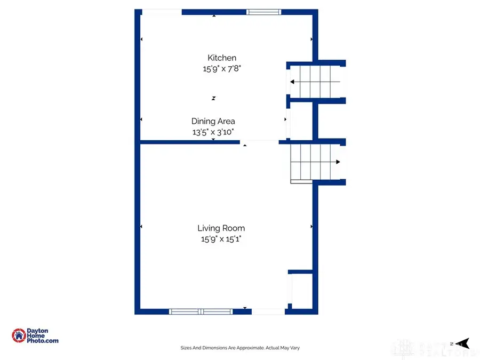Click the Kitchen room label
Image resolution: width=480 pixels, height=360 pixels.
pyautogui.click(x=222, y=58)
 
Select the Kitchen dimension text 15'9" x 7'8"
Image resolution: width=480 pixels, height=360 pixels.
pyautogui.click(x=222, y=68)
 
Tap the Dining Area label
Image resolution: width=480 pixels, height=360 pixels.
pyautogui.click(x=213, y=121)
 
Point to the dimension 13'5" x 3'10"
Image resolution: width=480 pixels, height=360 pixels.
pyautogui.click(x=213, y=132)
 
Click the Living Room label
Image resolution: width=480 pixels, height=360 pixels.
pyautogui.click(x=221, y=228)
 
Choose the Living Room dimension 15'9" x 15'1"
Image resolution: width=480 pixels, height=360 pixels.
pyautogui.click(x=221, y=239)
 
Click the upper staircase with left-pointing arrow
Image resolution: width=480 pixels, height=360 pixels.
pyautogui.click(x=315, y=82)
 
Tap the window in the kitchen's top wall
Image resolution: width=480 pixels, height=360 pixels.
pyautogui.click(x=263, y=12)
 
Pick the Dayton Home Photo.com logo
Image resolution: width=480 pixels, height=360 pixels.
pyautogui.click(x=35, y=335)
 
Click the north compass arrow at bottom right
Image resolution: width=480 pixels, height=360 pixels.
pyautogui.click(x=462, y=343)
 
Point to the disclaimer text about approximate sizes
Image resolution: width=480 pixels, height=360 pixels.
pyautogui.click(x=240, y=348)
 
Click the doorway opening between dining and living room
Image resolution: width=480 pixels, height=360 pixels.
pyautogui.click(x=259, y=142)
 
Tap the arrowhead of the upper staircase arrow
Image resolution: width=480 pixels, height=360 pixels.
pyautogui.click(x=293, y=82)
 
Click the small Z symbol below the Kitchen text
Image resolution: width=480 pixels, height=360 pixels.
pyautogui.click(x=213, y=98)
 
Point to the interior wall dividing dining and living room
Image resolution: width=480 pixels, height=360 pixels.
pyautogui.click(x=189, y=142)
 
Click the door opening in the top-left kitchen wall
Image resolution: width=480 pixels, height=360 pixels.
pyautogui.click(x=162, y=12)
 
